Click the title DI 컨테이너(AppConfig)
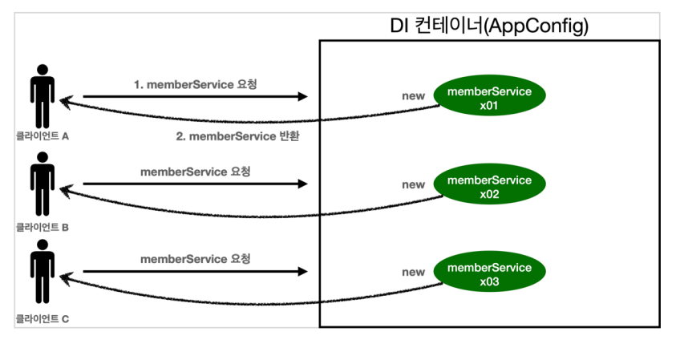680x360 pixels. pyautogui.click(x=489, y=26)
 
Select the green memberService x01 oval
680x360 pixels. pyautogui.click(x=490, y=95)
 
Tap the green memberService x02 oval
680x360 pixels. pyautogui.click(x=490, y=184)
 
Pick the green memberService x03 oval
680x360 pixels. pyautogui.click(x=490, y=272)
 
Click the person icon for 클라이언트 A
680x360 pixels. pyautogui.click(x=42, y=96)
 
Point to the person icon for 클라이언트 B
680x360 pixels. pyautogui.click(x=42, y=184)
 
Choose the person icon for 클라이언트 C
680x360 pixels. pyautogui.click(x=42, y=272)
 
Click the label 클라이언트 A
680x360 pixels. pyautogui.click(x=42, y=136)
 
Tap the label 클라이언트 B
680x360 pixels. pyautogui.click(x=42, y=227)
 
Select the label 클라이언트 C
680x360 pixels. pyautogui.click(x=42, y=319)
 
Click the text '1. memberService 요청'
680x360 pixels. pyautogui.click(x=195, y=84)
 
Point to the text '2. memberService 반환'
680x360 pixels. pyautogui.click(x=237, y=136)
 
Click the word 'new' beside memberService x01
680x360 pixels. pyautogui.click(x=413, y=96)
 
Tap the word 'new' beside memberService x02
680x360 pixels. pyautogui.click(x=413, y=184)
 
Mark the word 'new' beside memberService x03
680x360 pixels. pyautogui.click(x=413, y=273)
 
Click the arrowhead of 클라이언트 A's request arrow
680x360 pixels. pyautogui.click(x=303, y=96)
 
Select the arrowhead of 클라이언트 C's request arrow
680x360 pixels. pyautogui.click(x=303, y=272)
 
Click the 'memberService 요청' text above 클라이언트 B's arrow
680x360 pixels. pyautogui.click(x=195, y=172)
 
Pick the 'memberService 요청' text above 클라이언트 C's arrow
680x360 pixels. pyautogui.click(x=195, y=259)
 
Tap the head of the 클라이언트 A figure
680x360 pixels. pyautogui.click(x=42, y=70)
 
